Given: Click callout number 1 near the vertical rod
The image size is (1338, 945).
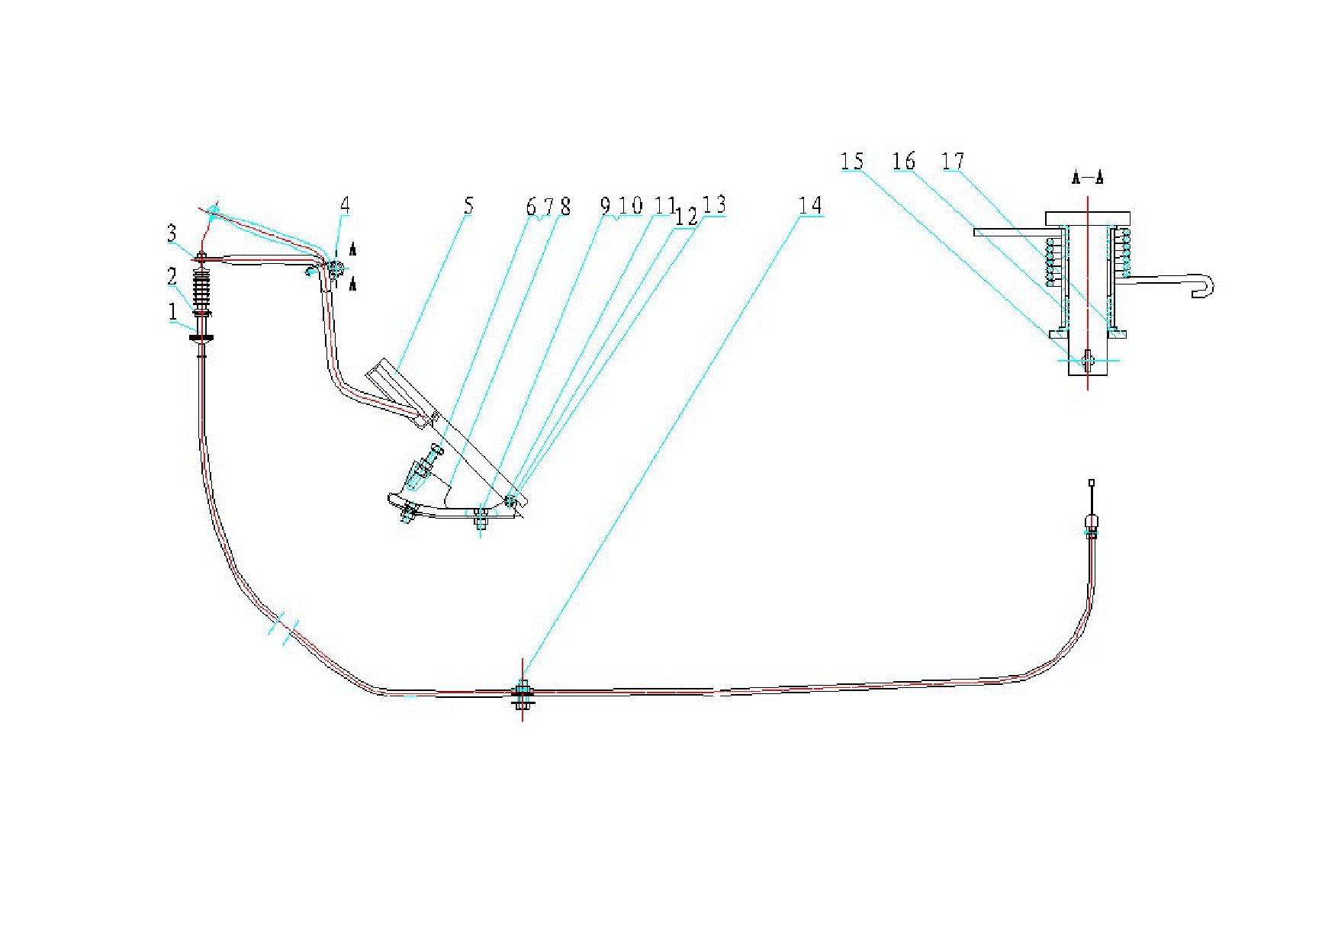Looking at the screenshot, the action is coord(173,311).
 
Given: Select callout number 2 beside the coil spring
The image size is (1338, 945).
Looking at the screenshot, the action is coord(172,276).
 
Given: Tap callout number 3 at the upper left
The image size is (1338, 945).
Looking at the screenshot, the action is coord(172,233).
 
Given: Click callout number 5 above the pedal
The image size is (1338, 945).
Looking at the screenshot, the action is coord(468,205).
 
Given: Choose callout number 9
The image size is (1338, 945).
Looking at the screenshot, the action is coord(605,206).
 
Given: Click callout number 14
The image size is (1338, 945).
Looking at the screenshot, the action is coord(810,205).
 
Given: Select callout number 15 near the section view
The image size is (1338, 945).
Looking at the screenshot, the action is coord(852,161).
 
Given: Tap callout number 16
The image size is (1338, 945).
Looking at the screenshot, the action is coord(904,161).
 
